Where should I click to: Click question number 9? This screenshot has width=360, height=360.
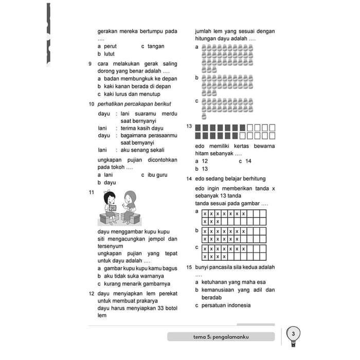(91, 64)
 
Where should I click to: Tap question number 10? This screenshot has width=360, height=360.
(91, 104)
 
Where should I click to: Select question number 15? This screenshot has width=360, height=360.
(189, 267)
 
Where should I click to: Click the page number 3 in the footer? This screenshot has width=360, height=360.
(293, 335)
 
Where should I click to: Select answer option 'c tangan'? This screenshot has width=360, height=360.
(153, 46)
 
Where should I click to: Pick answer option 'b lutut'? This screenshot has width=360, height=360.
(106, 54)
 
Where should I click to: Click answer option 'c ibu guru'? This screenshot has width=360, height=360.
(154, 175)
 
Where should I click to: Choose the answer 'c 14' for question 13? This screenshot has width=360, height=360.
(245, 161)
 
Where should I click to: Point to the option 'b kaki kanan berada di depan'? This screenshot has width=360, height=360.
(134, 86)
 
